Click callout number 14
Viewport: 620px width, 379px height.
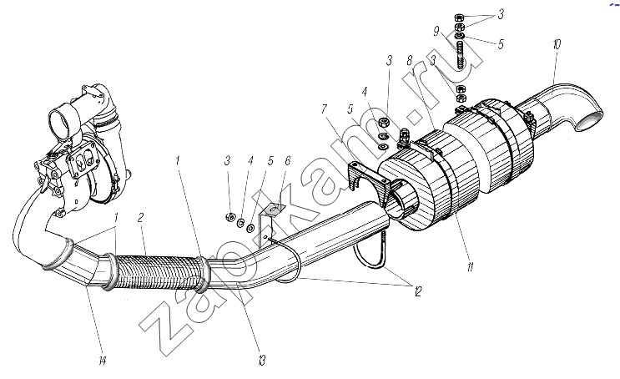point(103,361)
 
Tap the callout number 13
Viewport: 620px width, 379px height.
point(261,360)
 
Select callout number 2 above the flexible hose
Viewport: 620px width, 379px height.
point(140,217)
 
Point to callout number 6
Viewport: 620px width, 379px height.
point(287,160)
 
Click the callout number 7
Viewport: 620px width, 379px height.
point(325,109)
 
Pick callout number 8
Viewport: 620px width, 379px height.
point(410,60)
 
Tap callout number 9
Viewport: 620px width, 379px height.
point(436,31)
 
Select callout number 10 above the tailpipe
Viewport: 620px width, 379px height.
point(557,44)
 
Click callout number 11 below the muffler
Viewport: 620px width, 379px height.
point(470,267)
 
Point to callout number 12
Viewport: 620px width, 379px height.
point(418,291)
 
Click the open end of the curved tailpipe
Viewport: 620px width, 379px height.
point(589,121)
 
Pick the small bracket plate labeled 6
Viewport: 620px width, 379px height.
point(269,221)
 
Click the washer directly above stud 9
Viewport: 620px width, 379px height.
point(460,37)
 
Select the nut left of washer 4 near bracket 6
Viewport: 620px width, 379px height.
point(230,217)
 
